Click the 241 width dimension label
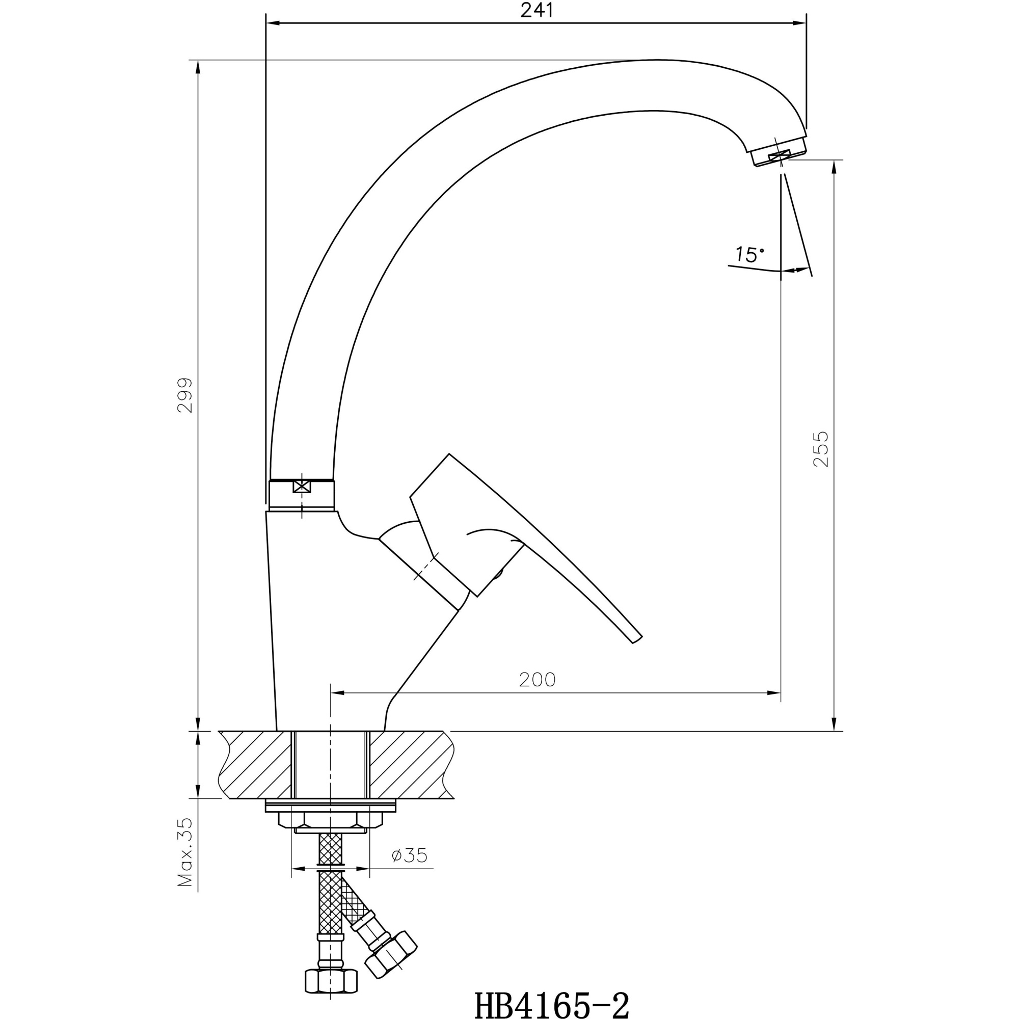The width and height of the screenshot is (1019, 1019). point(537,11)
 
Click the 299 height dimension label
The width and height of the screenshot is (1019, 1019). point(185,395)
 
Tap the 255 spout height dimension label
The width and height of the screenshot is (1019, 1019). point(821,449)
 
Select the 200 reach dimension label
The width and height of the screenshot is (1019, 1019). point(537,680)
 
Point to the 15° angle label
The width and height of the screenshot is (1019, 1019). point(749,255)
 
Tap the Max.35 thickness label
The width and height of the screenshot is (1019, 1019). point(185,852)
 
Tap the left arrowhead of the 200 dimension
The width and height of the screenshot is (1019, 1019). point(336,692)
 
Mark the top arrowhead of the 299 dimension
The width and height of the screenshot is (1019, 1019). point(198,66)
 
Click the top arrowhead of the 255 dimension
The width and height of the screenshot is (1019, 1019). point(834,167)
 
